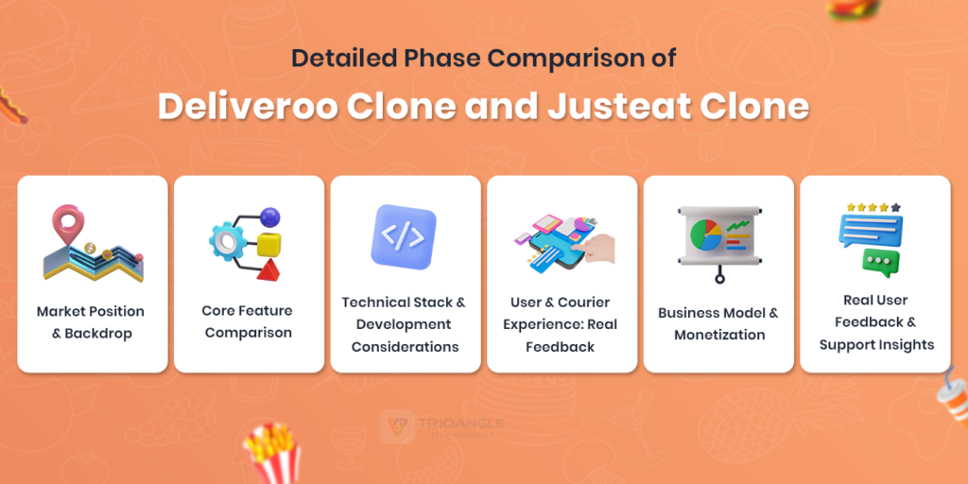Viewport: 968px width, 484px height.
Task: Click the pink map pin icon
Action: pyautogui.click(x=68, y=223)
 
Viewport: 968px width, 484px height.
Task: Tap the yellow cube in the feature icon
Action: pyautogui.click(x=268, y=244)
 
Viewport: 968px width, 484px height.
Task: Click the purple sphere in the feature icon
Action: pyautogui.click(x=269, y=217)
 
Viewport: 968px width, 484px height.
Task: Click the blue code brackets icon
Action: pyautogui.click(x=403, y=237)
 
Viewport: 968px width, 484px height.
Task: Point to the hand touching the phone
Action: pyautogui.click(x=597, y=249)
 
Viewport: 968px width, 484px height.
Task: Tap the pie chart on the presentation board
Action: pyautogui.click(x=705, y=234)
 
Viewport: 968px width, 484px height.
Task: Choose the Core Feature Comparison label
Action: pyautogui.click(x=249, y=321)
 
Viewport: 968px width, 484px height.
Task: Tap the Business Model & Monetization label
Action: pyautogui.click(x=718, y=323)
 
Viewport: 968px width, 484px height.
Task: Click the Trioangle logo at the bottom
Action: pyautogui.click(x=441, y=426)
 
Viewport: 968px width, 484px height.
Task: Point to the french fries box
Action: pyautogui.click(x=272, y=454)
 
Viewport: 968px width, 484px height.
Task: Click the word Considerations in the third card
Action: pyautogui.click(x=405, y=347)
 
